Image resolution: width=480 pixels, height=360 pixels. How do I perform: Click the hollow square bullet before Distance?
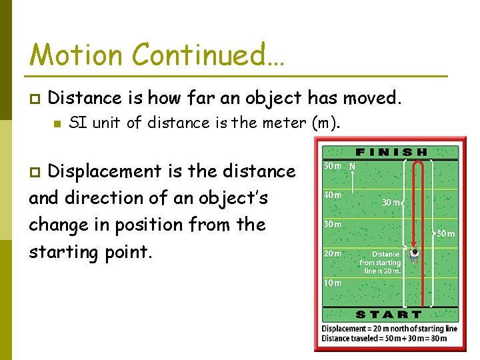point(35,99)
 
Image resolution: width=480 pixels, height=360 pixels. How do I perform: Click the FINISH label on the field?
point(391,152)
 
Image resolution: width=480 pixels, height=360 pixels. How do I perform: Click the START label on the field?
point(389,314)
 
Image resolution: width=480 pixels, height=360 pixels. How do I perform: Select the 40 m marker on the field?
point(333,195)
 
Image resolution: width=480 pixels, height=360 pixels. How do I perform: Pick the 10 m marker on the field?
point(333,283)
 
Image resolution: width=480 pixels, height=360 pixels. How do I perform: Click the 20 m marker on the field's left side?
point(333,253)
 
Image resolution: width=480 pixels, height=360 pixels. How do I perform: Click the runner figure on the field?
point(415,254)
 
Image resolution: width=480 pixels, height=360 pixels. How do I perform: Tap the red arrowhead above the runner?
point(414,243)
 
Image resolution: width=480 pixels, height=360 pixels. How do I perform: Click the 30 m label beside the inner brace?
point(391,203)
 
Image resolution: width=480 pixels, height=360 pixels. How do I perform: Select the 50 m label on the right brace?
point(445,234)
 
